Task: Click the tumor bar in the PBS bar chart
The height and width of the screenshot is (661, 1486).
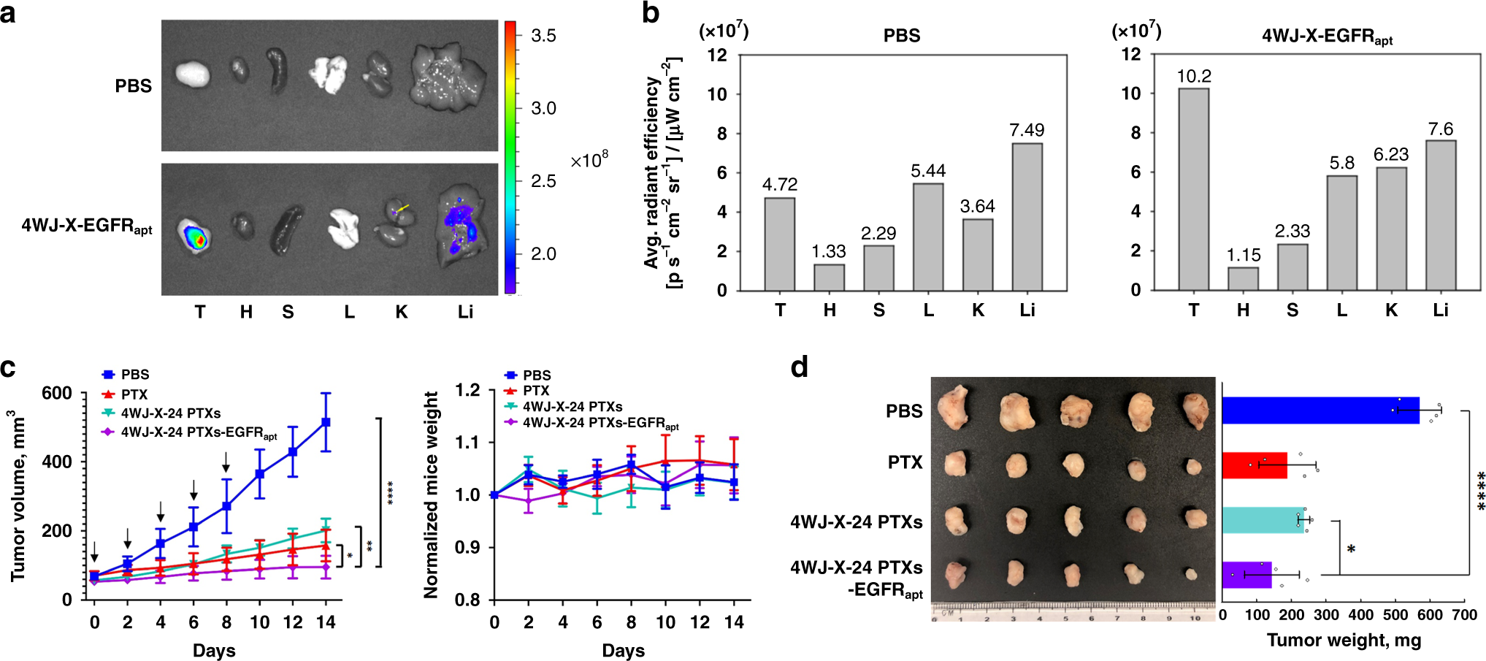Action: click(x=779, y=244)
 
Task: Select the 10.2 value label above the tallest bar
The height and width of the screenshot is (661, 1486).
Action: click(x=1193, y=76)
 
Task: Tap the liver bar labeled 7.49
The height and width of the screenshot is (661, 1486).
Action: click(x=1027, y=217)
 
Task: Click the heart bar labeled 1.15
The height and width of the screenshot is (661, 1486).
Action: click(x=1243, y=278)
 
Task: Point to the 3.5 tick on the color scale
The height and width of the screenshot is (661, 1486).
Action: click(x=543, y=36)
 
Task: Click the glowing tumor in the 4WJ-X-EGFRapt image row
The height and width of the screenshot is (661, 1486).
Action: click(x=196, y=237)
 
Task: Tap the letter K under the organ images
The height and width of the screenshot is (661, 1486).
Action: click(x=401, y=313)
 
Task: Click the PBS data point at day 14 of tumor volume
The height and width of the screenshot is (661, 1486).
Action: click(x=326, y=422)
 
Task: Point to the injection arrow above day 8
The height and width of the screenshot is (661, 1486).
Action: click(x=226, y=462)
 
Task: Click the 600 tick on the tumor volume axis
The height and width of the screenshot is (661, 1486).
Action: click(x=57, y=394)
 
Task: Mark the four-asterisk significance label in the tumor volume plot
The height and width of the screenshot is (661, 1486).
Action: click(x=391, y=493)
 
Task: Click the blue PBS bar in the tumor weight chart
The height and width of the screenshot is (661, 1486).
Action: click(x=1320, y=410)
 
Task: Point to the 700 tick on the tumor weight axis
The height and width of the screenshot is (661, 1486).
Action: click(x=1464, y=615)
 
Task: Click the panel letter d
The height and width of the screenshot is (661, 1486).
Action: click(x=799, y=367)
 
